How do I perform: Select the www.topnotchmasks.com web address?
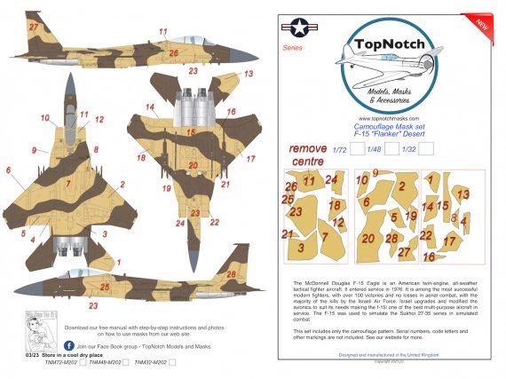click(x=388, y=118)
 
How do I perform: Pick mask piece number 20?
click(x=368, y=238)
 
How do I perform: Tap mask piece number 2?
click(x=402, y=188)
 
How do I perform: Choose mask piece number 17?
click(x=450, y=241)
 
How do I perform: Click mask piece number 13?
click(x=463, y=193)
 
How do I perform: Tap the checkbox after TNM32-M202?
click(x=172, y=362)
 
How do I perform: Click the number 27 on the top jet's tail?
click(x=33, y=28)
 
